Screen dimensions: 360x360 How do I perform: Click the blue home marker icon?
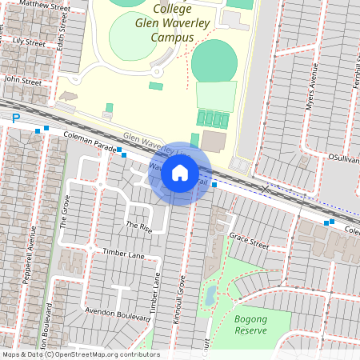tap(180, 172)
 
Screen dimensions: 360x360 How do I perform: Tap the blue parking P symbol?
tap(15, 118)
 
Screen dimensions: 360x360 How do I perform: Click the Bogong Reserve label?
tap(250, 324)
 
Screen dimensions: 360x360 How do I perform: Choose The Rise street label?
tap(138, 226)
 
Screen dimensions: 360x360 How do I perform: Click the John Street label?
tap(22, 80)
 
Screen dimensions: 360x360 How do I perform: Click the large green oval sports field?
tap(214, 60)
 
